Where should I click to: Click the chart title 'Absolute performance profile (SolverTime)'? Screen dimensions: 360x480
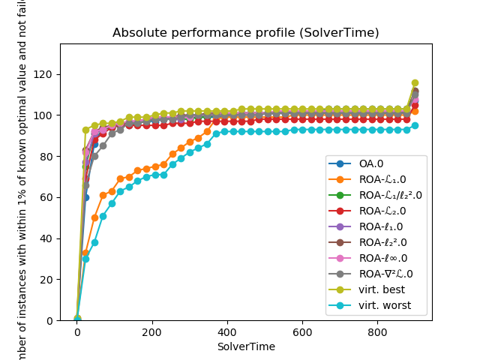pos(245,33)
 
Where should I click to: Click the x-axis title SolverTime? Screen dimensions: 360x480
pos(245,346)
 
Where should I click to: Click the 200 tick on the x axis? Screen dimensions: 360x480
pos(152,331)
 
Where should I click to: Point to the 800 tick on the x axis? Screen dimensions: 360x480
pos(377,331)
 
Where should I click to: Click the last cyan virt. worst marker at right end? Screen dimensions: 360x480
pos(415,125)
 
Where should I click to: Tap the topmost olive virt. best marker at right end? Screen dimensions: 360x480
pos(415,83)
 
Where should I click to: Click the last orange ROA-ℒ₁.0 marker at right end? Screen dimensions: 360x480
pos(415,111)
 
